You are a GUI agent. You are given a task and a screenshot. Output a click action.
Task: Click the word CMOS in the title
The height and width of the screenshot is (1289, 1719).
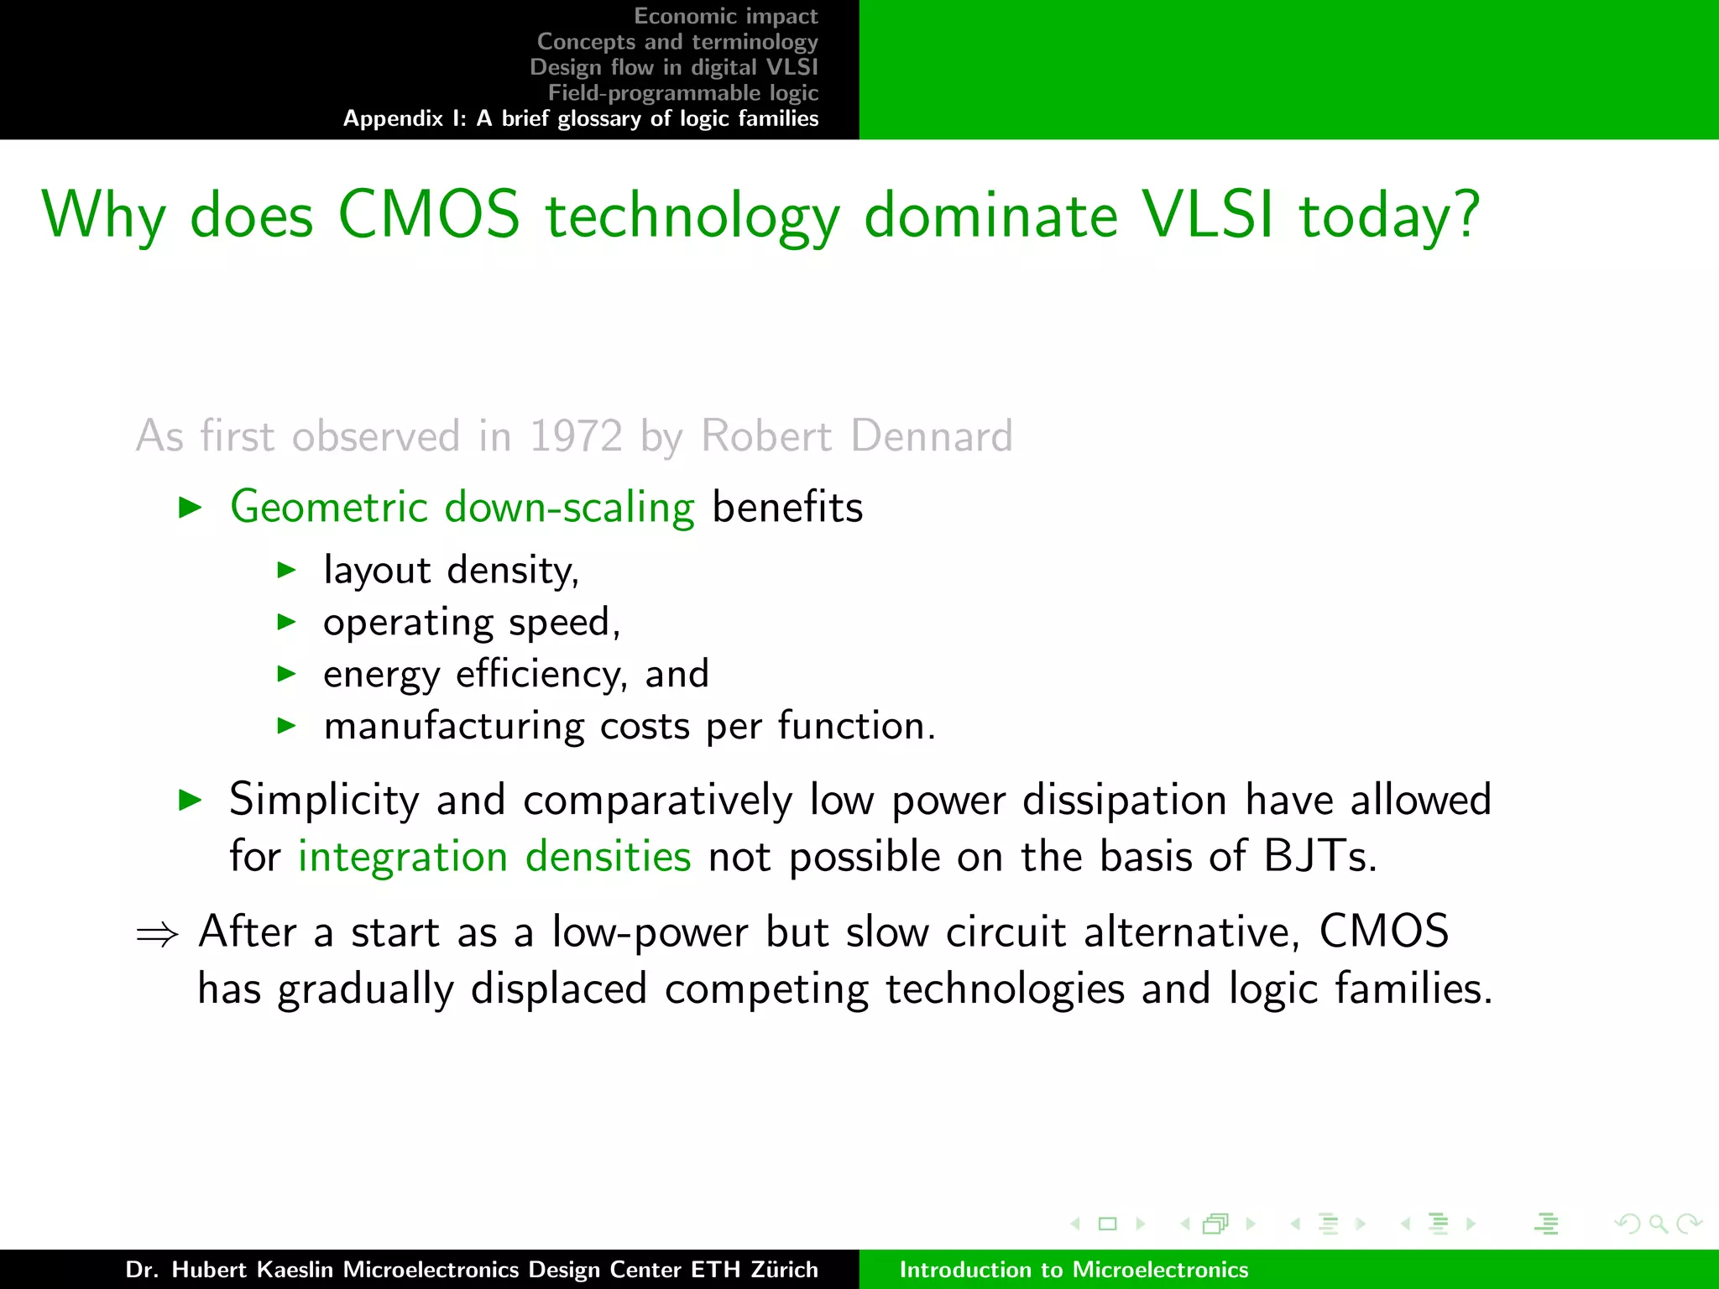[429, 215]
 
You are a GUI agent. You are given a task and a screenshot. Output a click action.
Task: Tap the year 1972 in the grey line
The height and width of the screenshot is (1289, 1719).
[576, 436]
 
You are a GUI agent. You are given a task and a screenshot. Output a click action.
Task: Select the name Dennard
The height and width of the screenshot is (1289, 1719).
[932, 436]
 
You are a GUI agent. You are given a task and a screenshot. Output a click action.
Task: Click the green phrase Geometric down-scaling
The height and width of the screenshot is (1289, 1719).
[462, 508]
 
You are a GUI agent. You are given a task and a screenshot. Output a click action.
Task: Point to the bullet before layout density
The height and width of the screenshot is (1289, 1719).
[287, 571]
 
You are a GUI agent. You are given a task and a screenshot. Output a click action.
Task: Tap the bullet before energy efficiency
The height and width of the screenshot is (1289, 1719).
[287, 674]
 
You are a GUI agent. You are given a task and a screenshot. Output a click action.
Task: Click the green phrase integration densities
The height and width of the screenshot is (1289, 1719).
[494, 857]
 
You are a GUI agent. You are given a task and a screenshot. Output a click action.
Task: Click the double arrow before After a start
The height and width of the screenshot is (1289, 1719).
[158, 934]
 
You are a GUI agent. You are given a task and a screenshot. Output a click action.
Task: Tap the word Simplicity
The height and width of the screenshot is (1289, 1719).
[324, 800]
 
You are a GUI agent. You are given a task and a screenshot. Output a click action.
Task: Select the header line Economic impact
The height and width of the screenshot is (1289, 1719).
[725, 16]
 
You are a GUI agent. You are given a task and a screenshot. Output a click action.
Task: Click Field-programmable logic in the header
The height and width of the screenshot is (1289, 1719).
[682, 92]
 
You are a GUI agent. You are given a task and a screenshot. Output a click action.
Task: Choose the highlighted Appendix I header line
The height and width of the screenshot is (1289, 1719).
[581, 118]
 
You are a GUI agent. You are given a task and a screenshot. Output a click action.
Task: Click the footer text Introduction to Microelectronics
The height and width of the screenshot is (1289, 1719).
[1074, 1270]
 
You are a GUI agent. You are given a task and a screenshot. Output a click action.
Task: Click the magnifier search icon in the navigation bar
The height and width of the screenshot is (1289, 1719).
[1658, 1224]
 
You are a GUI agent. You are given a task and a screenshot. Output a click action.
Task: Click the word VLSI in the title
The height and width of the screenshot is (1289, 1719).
[1209, 215]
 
